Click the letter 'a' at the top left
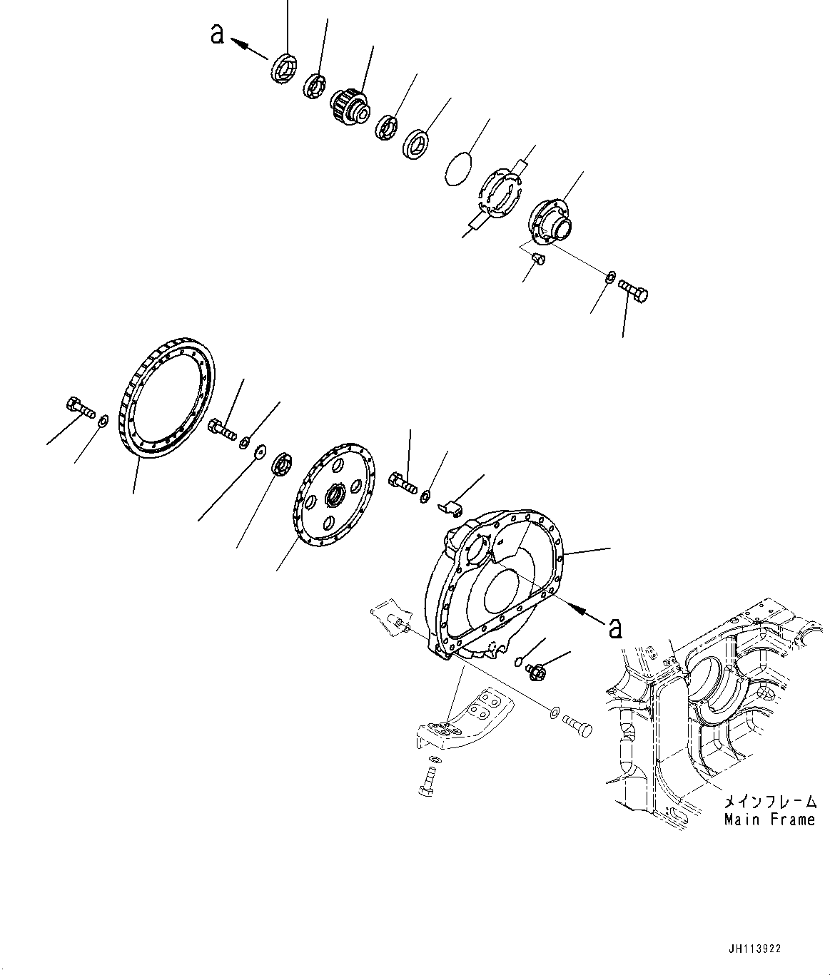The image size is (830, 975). (x=217, y=34)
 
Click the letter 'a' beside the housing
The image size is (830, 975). (x=615, y=627)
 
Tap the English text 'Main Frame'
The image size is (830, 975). (x=769, y=820)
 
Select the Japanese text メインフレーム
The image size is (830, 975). (x=769, y=801)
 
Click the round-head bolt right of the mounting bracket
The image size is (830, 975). (x=577, y=728)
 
